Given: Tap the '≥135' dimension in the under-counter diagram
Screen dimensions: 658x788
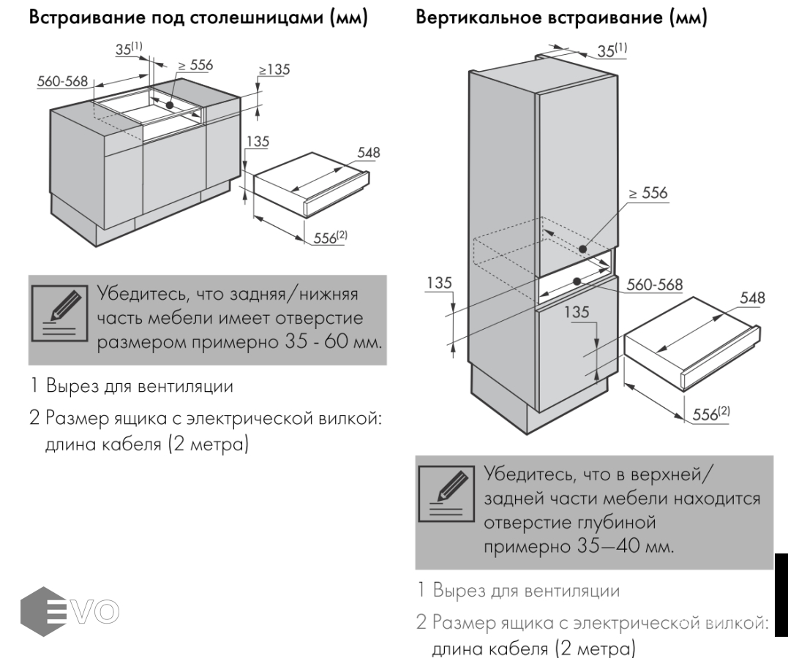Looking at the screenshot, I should click(x=274, y=69).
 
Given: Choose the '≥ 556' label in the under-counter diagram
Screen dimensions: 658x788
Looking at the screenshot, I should click(x=195, y=65).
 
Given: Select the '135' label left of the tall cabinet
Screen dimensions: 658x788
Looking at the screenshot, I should click(x=440, y=282).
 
